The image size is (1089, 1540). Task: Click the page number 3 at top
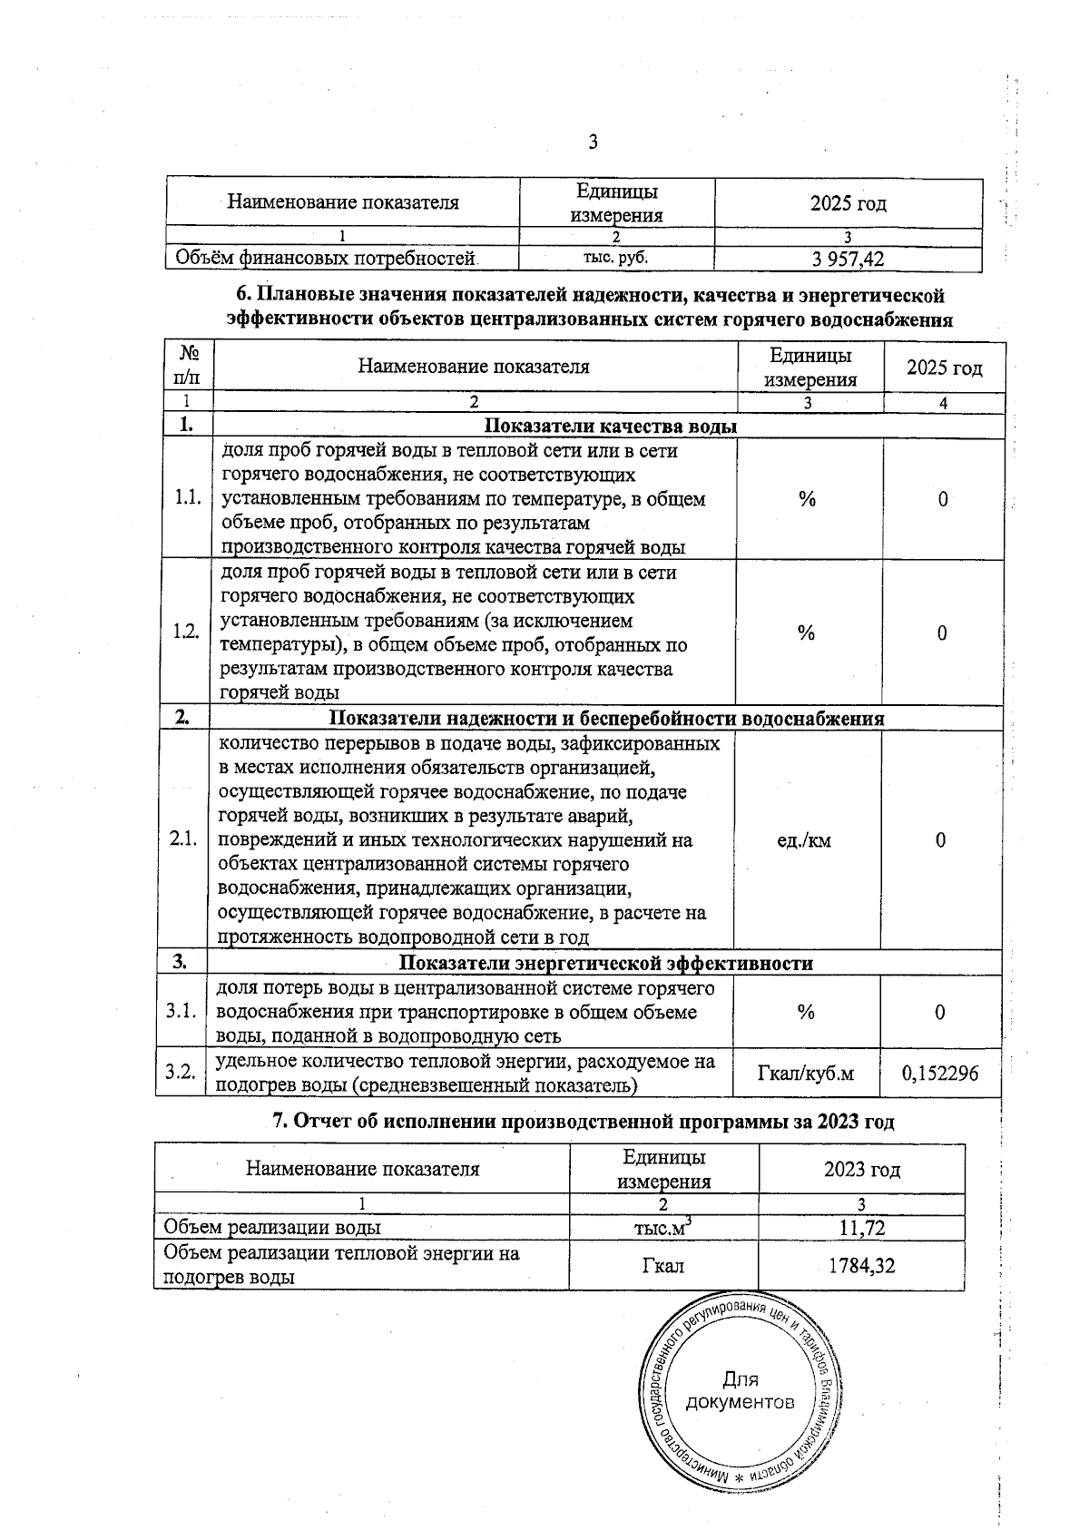point(593,142)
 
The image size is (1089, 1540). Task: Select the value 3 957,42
point(848,260)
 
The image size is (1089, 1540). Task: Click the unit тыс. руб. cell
point(615,258)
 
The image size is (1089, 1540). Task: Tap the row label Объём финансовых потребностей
point(326,259)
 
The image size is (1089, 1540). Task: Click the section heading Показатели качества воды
point(610,427)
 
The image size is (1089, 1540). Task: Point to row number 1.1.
point(188,498)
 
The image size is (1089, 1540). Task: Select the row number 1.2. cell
point(187,633)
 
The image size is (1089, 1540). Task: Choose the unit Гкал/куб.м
point(805,1074)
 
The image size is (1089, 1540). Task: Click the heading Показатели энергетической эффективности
point(606,963)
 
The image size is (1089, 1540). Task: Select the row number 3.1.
point(181,1011)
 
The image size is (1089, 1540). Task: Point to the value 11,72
point(861,1229)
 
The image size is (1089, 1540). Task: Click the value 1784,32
point(861,1265)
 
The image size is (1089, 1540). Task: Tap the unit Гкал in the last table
point(662,1265)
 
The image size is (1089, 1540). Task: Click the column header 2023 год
point(861,1169)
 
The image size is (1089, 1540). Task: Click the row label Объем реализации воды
point(271,1228)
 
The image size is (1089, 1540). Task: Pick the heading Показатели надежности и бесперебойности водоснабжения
point(605,719)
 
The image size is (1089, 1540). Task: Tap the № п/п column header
point(189,366)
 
